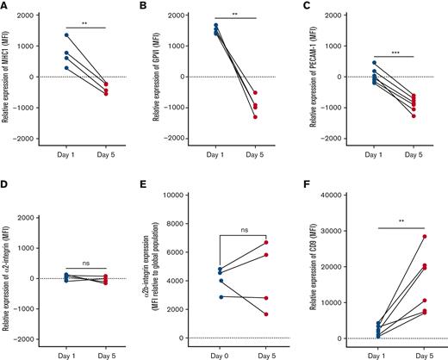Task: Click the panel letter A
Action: pyautogui.click(x=5, y=6)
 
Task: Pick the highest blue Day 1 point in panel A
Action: pyautogui.click(x=65, y=35)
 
